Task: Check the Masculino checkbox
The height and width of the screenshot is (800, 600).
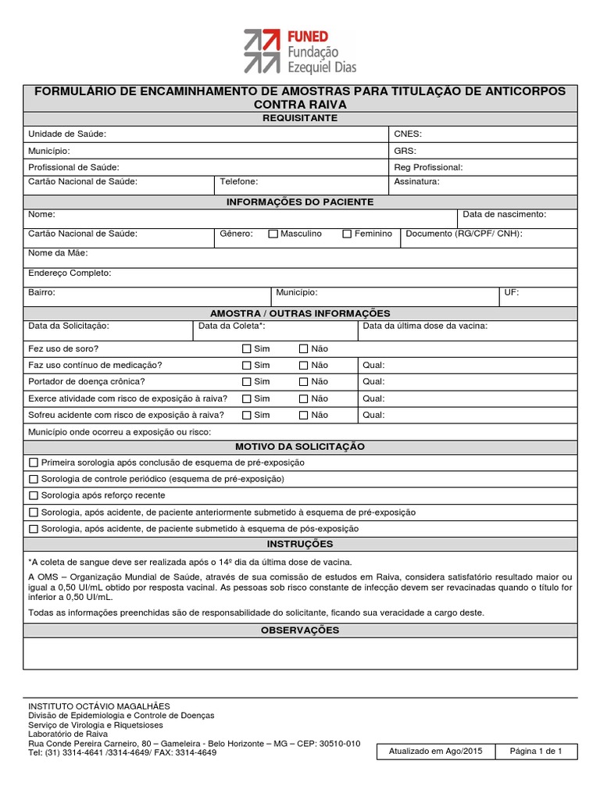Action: (x=273, y=234)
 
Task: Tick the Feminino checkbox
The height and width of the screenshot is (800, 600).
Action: (x=347, y=234)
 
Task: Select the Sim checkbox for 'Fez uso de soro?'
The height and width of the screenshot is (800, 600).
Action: (x=247, y=348)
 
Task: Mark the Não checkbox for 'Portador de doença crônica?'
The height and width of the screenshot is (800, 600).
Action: (x=304, y=381)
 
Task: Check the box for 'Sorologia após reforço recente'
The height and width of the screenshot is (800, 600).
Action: (x=33, y=495)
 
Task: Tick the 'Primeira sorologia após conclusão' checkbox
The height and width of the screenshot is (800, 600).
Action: (x=33, y=462)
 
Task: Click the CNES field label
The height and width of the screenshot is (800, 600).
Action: (x=408, y=134)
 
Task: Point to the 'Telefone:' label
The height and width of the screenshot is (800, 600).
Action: (x=238, y=181)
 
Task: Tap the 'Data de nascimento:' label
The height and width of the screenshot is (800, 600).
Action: (x=504, y=214)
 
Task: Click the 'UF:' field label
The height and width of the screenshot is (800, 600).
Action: (x=511, y=292)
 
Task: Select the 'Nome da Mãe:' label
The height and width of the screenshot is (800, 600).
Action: (x=58, y=253)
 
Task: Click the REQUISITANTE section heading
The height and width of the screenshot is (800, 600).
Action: (x=300, y=118)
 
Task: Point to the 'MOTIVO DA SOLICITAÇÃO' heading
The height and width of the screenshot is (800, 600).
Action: (x=300, y=446)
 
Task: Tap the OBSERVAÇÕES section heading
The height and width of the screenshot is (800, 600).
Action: (x=300, y=630)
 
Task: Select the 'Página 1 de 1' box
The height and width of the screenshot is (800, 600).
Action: (x=536, y=752)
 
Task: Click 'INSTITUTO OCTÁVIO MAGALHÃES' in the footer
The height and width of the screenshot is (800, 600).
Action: (x=98, y=706)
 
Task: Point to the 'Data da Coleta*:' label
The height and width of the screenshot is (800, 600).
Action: (x=232, y=326)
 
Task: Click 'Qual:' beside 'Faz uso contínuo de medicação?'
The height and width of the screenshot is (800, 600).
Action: (x=374, y=365)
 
